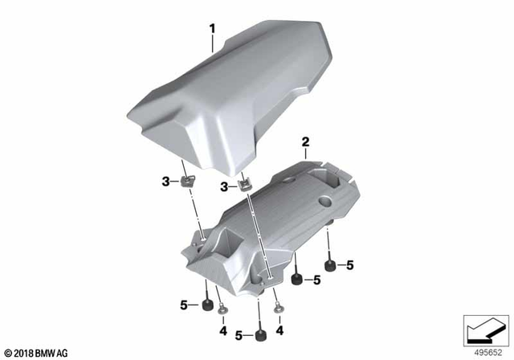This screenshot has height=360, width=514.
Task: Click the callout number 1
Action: click(x=213, y=29)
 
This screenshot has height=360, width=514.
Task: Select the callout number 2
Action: click(x=305, y=142)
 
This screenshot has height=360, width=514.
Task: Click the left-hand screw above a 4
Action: click(x=222, y=312)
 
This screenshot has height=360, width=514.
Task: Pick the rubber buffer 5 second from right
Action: click(x=297, y=280)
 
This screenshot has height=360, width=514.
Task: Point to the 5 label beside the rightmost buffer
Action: click(x=349, y=264)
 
